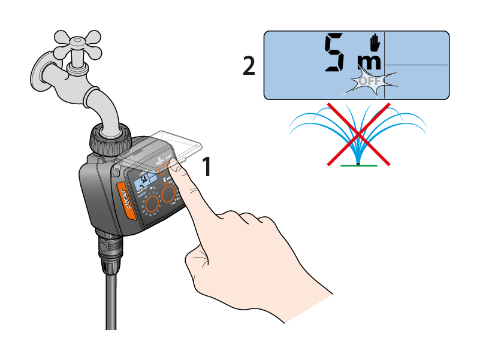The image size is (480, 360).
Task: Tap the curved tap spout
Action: point(105,105)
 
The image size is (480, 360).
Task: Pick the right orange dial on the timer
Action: point(170,193)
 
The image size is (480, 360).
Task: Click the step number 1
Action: point(206,167)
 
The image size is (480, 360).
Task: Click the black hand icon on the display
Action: point(375,42)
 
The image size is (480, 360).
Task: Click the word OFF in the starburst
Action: point(369,81)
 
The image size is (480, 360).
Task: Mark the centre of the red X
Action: point(358,133)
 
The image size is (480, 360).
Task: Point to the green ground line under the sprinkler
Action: point(358,165)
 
